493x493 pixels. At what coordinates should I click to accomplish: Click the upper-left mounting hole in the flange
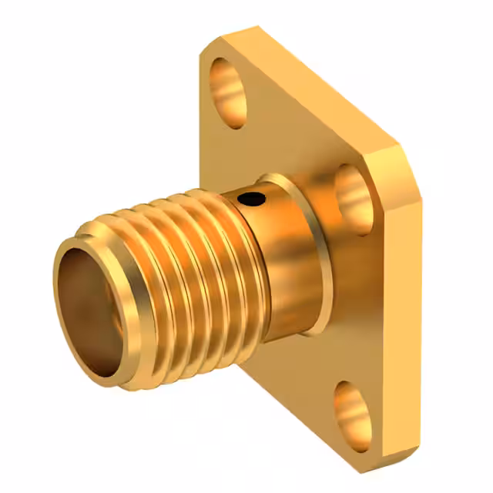coord(228,91)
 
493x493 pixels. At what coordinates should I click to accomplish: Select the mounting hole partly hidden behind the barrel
coord(351,191)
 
